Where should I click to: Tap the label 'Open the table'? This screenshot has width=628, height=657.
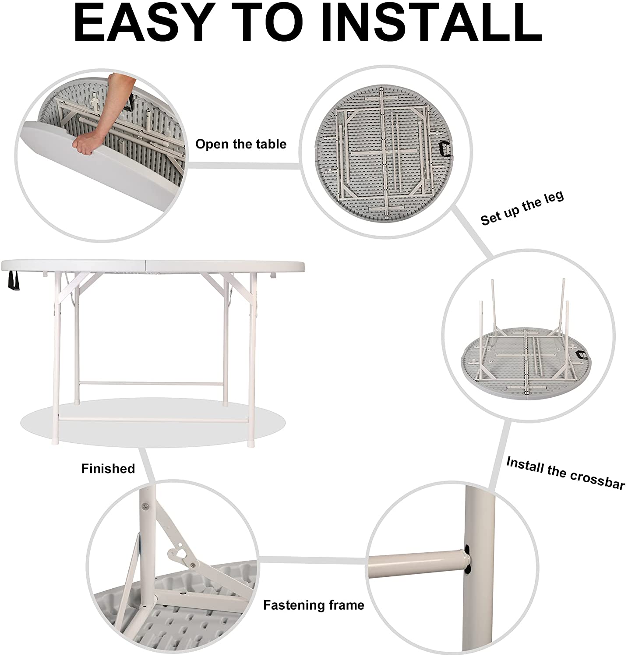[x=241, y=144]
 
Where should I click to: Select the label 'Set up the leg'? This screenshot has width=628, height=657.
[x=522, y=208]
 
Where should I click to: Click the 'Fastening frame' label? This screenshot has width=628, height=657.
[x=314, y=605]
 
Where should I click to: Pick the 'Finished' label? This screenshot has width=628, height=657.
[x=108, y=469]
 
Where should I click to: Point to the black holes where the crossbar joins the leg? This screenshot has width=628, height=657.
[x=468, y=559]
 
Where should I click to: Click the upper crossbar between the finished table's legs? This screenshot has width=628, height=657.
[x=152, y=384]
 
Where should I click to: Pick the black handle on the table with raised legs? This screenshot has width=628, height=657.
[x=583, y=355]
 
